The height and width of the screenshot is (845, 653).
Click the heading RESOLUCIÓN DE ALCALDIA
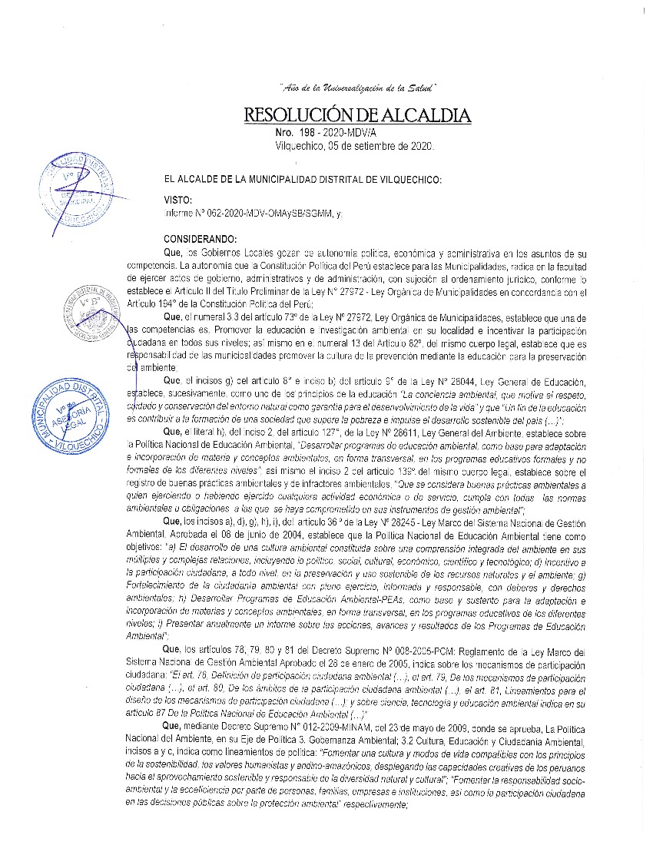(356, 116)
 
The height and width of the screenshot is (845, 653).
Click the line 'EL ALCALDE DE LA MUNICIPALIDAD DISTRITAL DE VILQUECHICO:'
(298, 179)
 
